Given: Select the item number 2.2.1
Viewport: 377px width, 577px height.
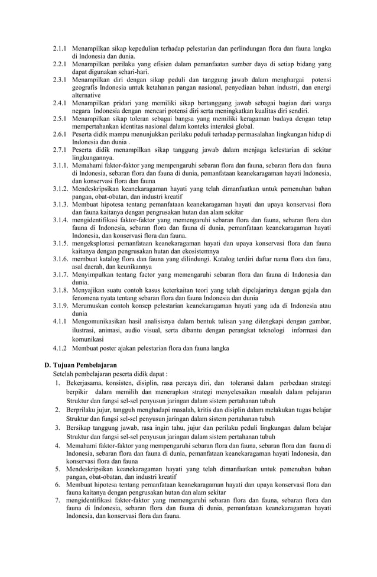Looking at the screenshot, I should pos(59,63).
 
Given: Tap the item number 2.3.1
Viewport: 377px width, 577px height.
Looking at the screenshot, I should pos(59,79).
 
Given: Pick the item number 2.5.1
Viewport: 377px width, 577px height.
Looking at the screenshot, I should pos(59,118).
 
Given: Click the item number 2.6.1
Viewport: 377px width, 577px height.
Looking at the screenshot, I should pos(59,134).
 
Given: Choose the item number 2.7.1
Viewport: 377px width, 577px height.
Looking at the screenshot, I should pos(59,150).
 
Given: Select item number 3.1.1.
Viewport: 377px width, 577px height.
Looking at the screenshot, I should pos(60,166).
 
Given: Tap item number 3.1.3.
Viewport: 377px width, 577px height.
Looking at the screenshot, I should pos(60,205).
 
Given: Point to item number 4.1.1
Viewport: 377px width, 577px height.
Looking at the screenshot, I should pos(59,322).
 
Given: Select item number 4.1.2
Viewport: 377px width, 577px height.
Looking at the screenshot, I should pos(59,349).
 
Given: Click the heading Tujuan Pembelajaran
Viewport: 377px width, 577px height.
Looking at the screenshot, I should pos(85,364).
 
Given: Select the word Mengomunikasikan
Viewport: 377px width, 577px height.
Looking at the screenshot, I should pos(106,322).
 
